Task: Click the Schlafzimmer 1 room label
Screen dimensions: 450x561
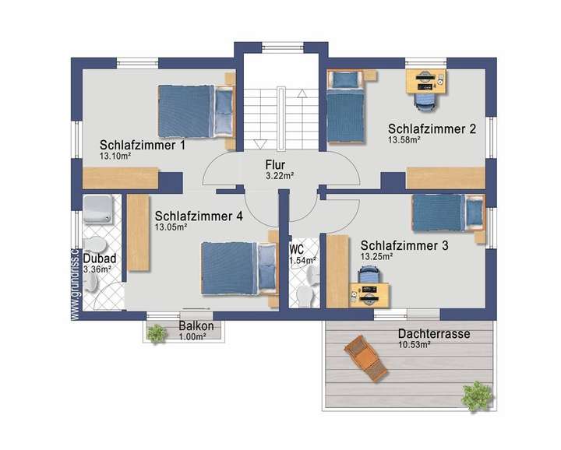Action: pyautogui.click(x=143, y=145)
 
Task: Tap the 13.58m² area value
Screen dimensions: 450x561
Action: pyautogui.click(x=404, y=140)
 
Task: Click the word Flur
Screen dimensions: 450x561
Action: pyautogui.click(x=275, y=165)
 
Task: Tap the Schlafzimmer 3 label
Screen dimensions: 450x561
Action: pyautogui.click(x=404, y=244)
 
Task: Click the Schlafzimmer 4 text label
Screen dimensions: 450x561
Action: pyautogui.click(x=199, y=216)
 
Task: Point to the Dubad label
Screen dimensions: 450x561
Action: pyautogui.click(x=99, y=258)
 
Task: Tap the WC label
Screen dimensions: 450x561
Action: pyautogui.click(x=297, y=249)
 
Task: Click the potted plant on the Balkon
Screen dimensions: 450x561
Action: pyautogui.click(x=157, y=333)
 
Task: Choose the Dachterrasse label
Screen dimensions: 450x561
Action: pyautogui.click(x=433, y=334)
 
